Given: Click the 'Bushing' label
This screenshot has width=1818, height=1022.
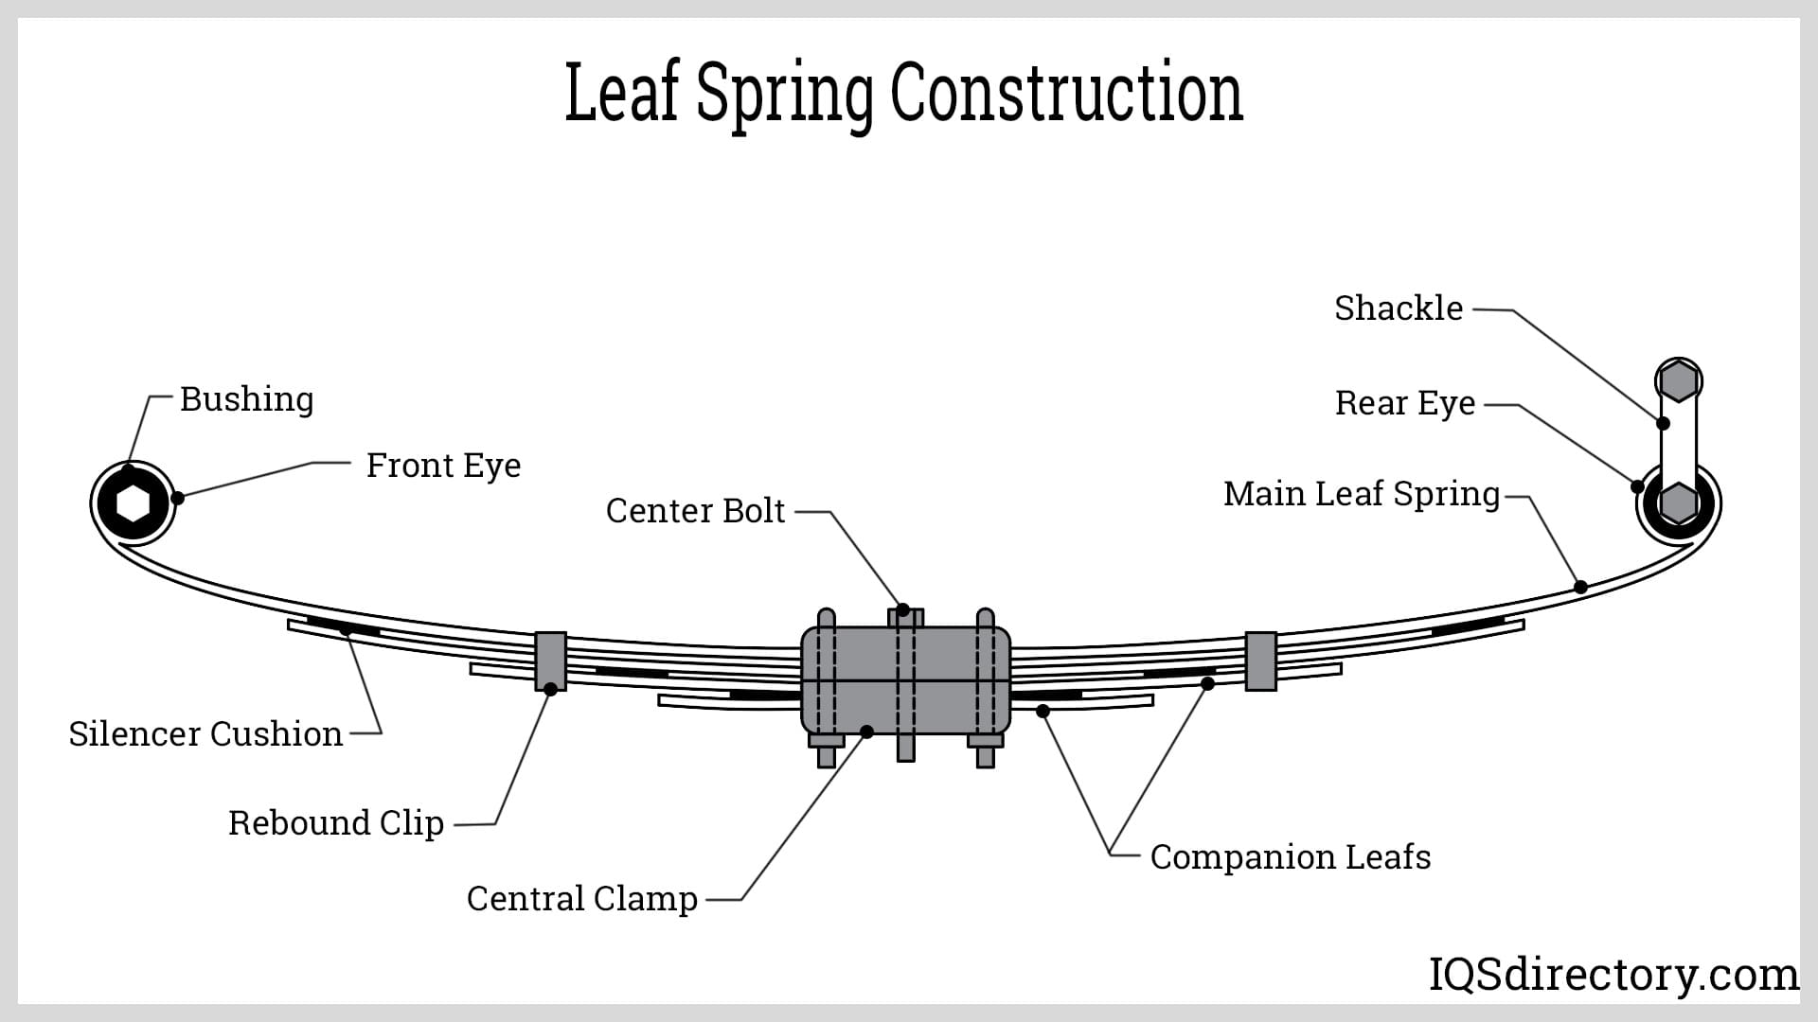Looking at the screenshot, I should tap(246, 399).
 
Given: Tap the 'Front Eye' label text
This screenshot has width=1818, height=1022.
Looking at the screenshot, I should tap(443, 466).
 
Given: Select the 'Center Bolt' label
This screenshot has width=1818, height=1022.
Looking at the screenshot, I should tap(695, 511).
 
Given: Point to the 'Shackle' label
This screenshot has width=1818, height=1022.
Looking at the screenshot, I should tap(1399, 308).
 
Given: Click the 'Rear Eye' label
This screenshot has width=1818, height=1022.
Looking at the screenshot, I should tap(1405, 403).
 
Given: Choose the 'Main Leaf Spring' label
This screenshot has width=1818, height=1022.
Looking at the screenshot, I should tap(1362, 494).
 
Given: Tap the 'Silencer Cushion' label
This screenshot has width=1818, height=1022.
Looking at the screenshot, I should tap(205, 734).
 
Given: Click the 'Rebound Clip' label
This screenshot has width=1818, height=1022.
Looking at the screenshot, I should tap(336, 823).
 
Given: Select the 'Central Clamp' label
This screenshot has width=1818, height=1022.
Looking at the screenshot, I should tap(582, 899).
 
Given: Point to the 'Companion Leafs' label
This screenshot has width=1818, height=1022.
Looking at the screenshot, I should tap(1291, 857).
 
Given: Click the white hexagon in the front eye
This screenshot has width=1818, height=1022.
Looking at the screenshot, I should tap(134, 503).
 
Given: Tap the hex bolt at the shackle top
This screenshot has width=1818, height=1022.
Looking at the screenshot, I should tap(1678, 381).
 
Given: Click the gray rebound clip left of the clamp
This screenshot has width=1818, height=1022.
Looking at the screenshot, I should tap(550, 660).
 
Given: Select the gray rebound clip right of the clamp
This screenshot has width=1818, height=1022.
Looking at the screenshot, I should tap(1260, 660).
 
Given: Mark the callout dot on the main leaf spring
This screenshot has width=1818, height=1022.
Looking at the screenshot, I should tap(1580, 587).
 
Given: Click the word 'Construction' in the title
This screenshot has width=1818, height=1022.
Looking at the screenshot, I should tap(1066, 93).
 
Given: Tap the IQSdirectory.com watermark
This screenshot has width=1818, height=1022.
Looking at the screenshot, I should tap(1613, 975).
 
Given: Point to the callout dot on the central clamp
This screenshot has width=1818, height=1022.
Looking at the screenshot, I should tap(866, 731).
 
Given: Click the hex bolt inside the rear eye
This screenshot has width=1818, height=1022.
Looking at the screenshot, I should tap(1678, 502).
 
